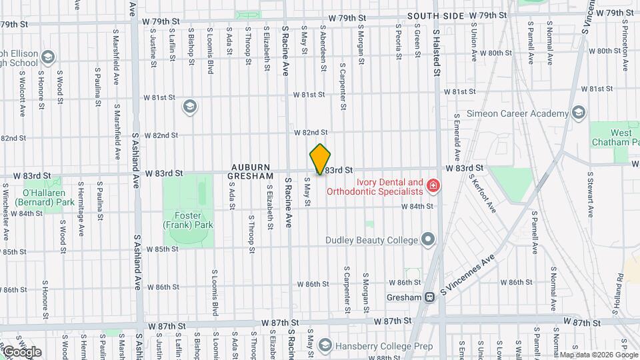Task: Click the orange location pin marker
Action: [320, 159]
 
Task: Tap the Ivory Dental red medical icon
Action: [433, 184]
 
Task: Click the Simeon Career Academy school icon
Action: [578, 112]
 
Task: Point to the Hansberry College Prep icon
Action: [325, 345]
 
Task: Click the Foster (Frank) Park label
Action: [189, 220]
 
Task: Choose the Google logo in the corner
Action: [21, 351]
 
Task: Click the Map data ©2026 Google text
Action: [597, 355]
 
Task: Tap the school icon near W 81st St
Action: [190, 107]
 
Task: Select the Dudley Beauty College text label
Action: [371, 240]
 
